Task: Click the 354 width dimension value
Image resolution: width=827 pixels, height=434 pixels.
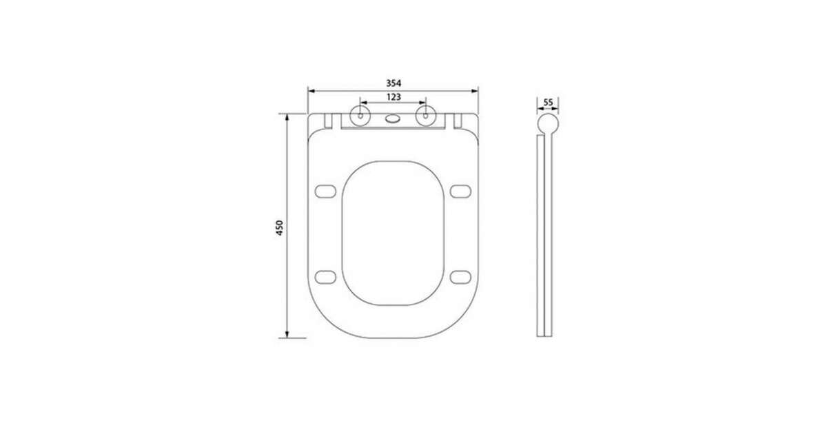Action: pos(394,83)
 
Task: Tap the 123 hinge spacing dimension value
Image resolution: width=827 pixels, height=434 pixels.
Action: pos(394,96)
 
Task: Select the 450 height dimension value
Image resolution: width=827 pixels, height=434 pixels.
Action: pos(280,228)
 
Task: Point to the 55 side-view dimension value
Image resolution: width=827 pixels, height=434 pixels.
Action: pos(549,102)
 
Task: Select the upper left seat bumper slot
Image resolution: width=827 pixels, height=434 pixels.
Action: pos(325,192)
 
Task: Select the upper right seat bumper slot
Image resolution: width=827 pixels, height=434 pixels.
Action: pos(460,192)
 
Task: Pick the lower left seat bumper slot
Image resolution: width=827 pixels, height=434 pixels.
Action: pos(325,277)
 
